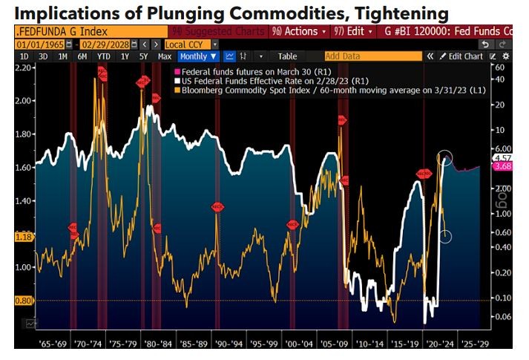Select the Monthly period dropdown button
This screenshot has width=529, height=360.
click(x=198, y=56)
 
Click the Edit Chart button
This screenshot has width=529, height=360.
click(x=461, y=56)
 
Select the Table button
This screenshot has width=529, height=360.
click(x=287, y=56)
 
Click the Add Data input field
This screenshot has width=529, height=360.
click(x=371, y=56)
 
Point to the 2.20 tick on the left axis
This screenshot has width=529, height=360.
click(x=25, y=68)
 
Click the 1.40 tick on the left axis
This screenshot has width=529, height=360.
click(x=25, y=201)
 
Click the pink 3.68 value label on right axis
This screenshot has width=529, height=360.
click(x=502, y=167)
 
